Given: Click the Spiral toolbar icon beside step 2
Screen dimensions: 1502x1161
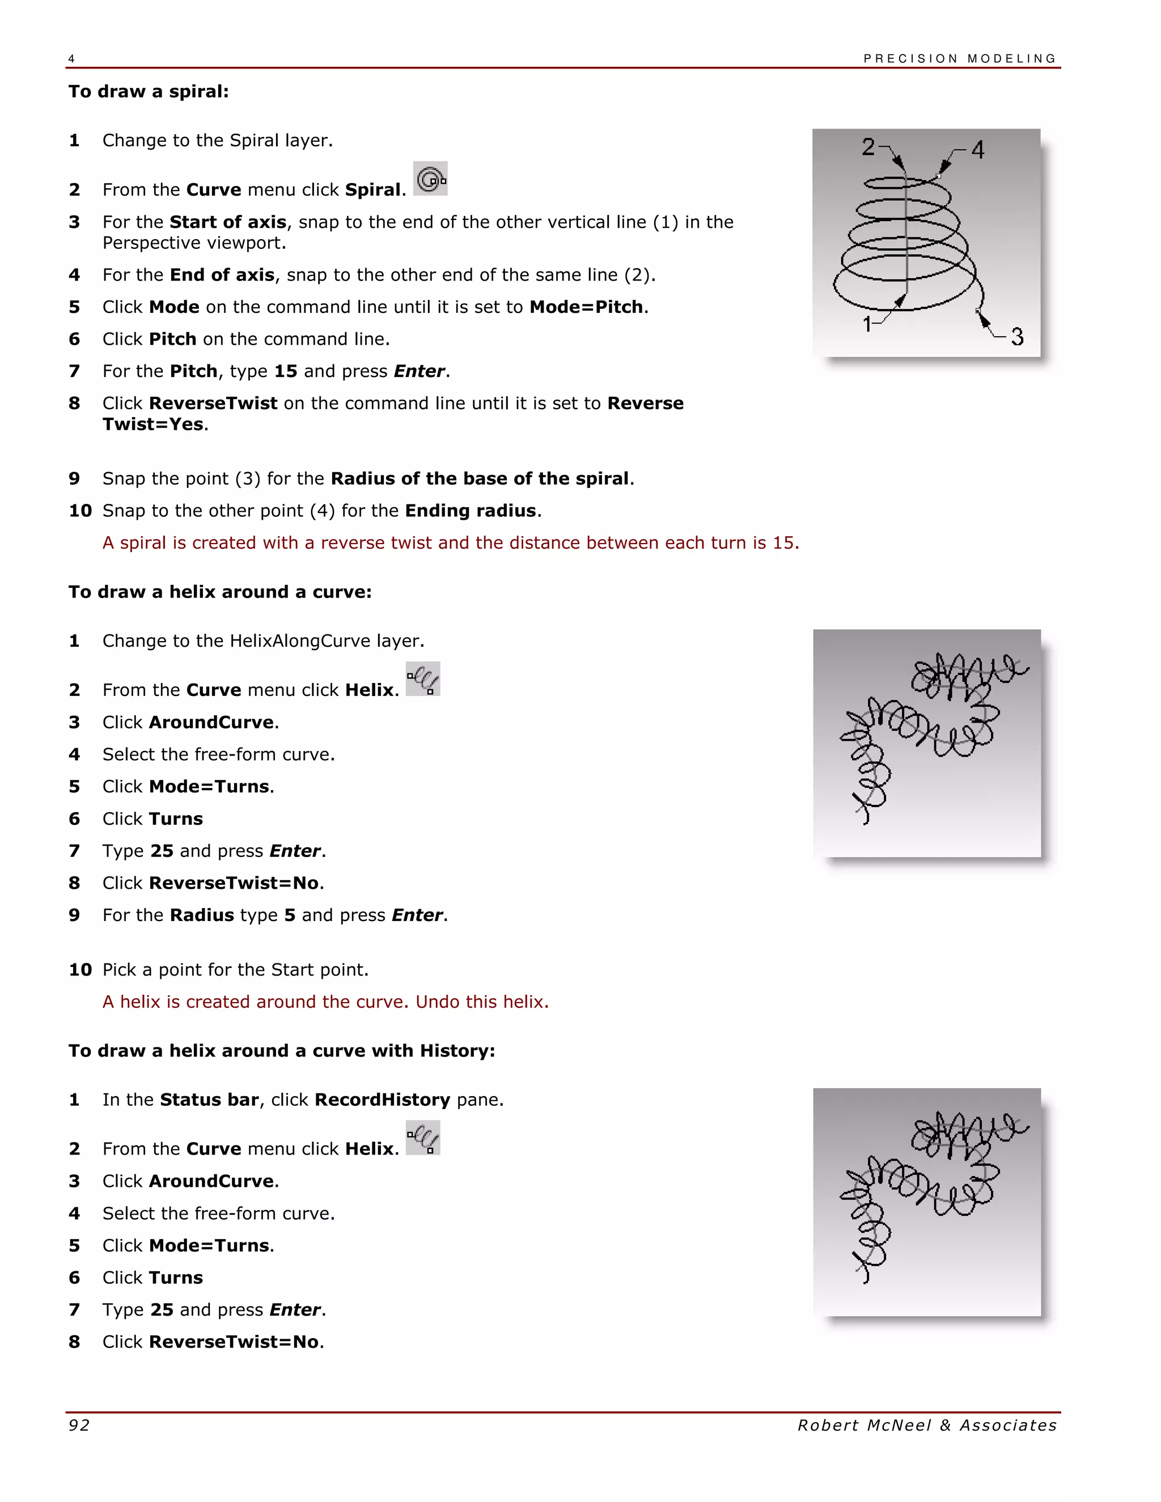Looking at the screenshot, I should (431, 179).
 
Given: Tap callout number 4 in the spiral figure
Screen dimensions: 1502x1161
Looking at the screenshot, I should (977, 150).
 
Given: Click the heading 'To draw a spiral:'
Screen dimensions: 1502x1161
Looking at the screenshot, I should (149, 91).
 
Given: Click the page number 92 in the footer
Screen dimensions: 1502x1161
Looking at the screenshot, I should (79, 1425).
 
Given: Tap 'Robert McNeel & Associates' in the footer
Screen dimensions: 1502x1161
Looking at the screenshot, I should (926, 1425).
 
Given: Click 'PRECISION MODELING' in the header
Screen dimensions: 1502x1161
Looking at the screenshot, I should (960, 58).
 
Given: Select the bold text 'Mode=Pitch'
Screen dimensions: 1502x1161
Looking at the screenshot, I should (586, 307).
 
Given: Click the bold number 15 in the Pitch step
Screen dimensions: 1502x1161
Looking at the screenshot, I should (286, 371).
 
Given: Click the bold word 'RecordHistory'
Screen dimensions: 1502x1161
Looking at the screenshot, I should (382, 1100).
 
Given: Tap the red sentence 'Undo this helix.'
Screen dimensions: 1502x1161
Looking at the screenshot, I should (482, 1002).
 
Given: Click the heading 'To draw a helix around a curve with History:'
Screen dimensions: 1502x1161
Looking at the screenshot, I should (281, 1051).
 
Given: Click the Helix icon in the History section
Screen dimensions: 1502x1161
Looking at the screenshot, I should (423, 1138).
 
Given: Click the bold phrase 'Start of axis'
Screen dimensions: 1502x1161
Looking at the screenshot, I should (228, 222).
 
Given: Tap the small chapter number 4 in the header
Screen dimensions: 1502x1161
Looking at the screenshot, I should (71, 59).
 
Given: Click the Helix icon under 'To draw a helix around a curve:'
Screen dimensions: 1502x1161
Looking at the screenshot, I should (423, 680).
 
